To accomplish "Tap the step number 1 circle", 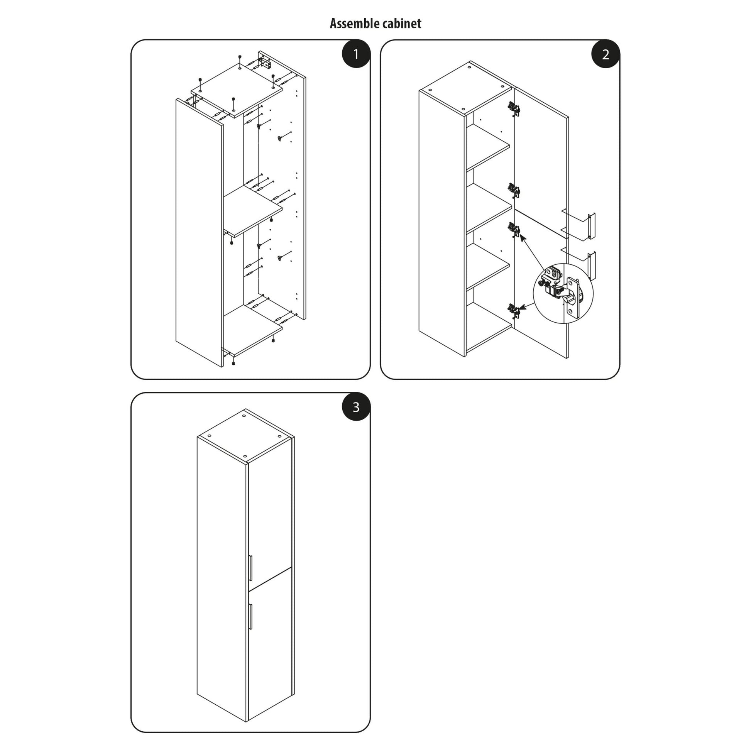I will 356,54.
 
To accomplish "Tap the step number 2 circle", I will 605,54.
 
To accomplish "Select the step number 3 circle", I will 356,407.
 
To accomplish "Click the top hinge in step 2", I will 514,108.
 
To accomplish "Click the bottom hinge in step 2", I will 514,310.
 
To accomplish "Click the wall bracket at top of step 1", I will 266,63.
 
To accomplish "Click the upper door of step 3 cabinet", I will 270,517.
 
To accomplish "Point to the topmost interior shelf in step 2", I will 488,147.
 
